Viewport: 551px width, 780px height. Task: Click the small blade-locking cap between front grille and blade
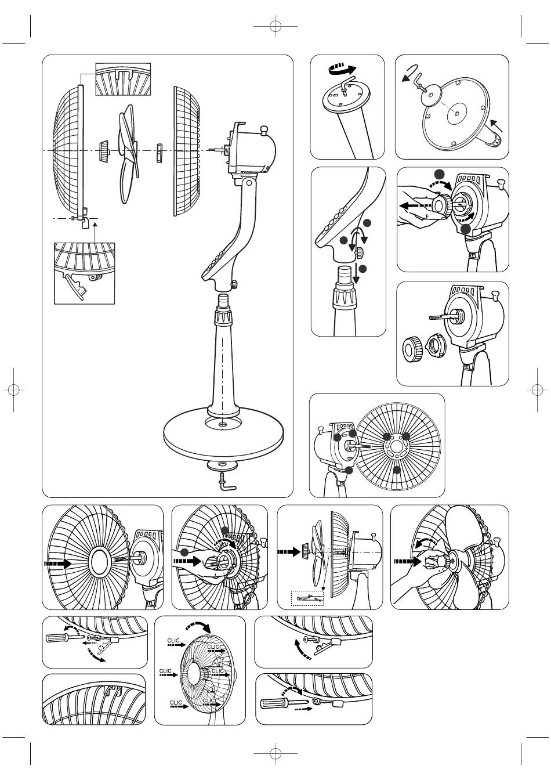tap(104, 150)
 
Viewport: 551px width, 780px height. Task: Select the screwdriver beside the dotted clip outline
tap(58, 638)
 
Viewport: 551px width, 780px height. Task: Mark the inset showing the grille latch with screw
tap(85, 273)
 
